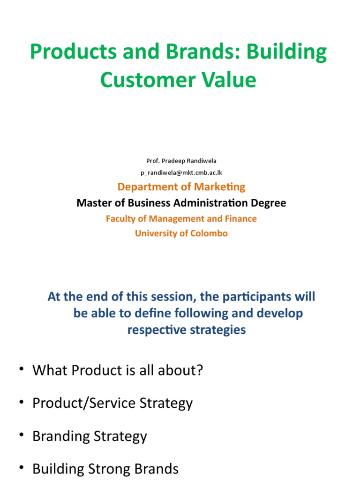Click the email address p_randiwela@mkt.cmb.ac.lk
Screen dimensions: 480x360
point(181,172)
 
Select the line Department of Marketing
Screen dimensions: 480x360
point(181,187)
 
